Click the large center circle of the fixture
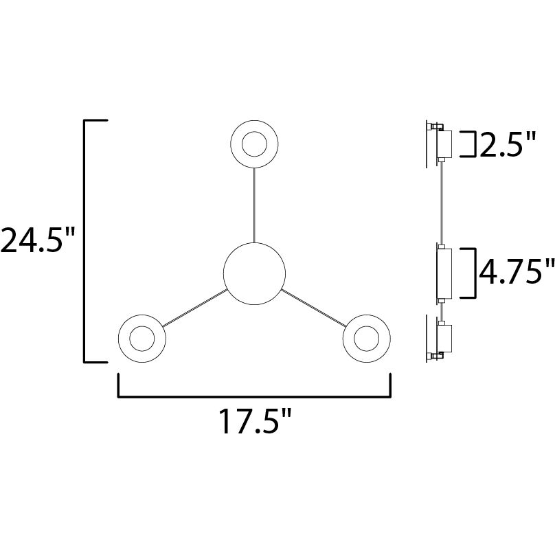[254, 273]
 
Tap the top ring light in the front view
[253, 145]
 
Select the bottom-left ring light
[142, 339]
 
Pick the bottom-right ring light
[365, 339]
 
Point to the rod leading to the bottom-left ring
[195, 307]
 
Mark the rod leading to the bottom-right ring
[313, 307]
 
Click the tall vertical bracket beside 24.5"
[85, 240]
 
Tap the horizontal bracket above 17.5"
[254, 395]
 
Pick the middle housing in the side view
[443, 273]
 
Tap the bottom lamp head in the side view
[442, 339]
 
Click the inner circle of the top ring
[253, 145]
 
